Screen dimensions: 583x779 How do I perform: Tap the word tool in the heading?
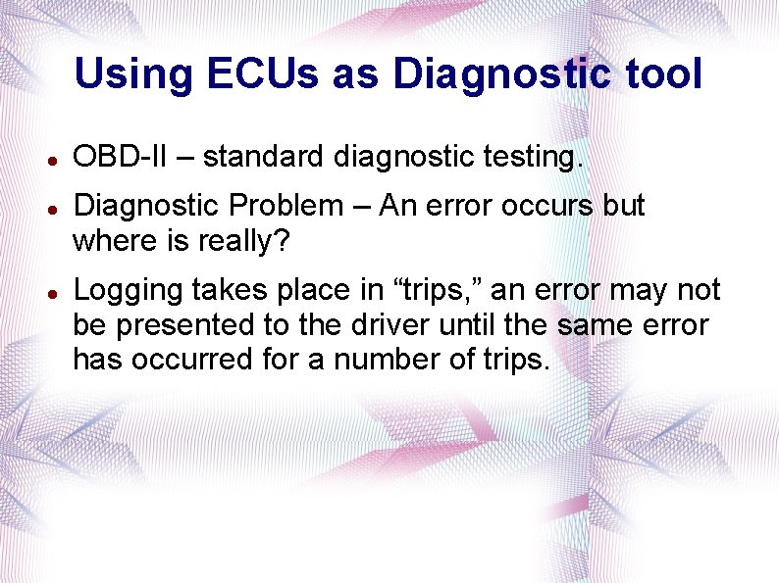pyautogui.click(x=662, y=75)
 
